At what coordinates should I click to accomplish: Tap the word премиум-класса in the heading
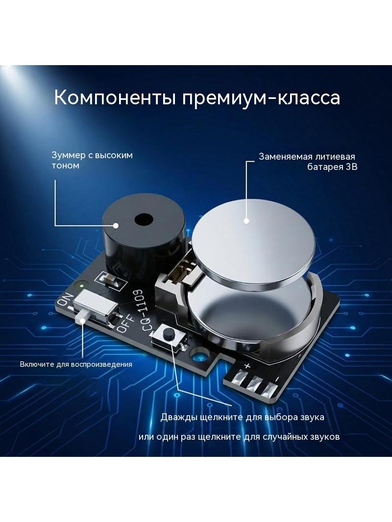point(261,98)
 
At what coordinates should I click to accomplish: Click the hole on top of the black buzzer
point(144,219)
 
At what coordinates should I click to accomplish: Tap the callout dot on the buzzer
point(116,225)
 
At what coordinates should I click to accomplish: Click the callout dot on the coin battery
point(246,220)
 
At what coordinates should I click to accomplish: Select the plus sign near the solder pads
point(247,365)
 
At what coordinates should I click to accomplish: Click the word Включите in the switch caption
point(37,364)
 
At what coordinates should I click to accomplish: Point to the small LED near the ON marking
point(80,285)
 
